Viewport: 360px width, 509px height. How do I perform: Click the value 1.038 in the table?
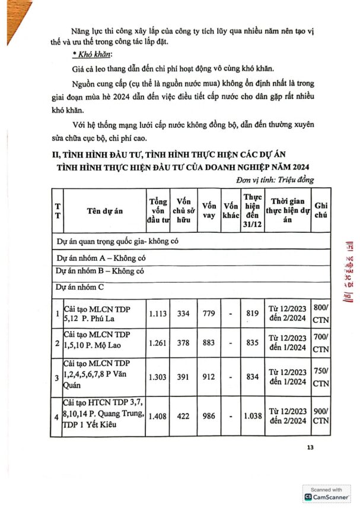(x=252, y=416)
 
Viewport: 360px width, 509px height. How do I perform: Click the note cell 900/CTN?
(x=321, y=416)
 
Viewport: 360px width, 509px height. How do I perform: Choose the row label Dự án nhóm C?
(x=80, y=287)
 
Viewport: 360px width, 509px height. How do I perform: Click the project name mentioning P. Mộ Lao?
(x=99, y=342)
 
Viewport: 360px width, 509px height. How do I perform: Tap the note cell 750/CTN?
(x=321, y=376)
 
